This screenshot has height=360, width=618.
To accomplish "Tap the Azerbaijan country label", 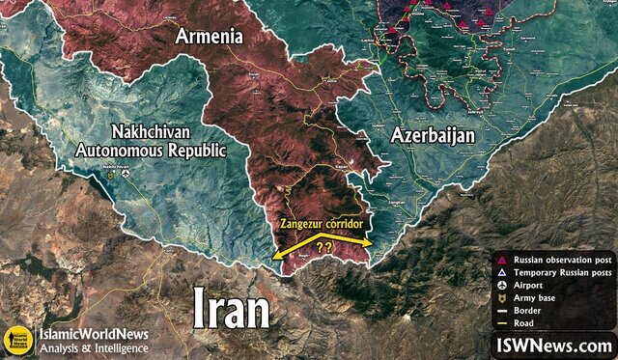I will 433,135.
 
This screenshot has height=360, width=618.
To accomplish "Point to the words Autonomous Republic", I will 154,152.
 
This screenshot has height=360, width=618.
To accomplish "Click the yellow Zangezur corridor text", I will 322,223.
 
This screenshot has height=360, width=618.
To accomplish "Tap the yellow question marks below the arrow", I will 325,247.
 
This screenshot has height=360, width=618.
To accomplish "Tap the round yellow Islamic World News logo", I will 16,340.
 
